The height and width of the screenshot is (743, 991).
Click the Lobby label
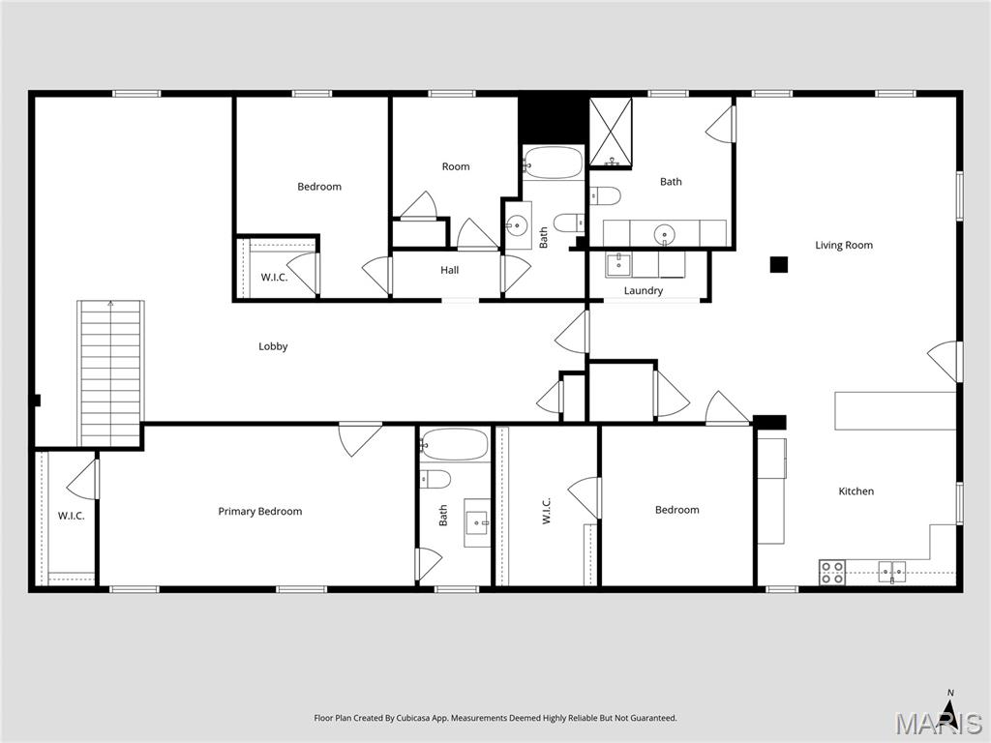273,346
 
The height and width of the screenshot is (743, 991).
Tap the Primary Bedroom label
259,511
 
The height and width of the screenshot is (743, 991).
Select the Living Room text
844,245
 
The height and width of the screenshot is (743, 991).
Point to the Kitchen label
856,490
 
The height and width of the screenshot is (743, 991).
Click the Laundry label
644,290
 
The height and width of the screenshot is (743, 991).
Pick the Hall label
449,270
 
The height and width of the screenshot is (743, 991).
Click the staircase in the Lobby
110,372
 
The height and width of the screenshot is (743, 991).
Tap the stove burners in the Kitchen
831,573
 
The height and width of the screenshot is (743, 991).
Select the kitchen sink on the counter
891,572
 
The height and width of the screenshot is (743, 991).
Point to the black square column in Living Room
779,264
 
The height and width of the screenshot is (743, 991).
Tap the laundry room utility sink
618,265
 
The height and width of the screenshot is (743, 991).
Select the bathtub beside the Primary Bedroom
455,444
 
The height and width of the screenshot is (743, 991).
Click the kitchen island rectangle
895,410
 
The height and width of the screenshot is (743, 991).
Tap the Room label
456,166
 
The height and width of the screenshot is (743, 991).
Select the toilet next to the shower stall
605,195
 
